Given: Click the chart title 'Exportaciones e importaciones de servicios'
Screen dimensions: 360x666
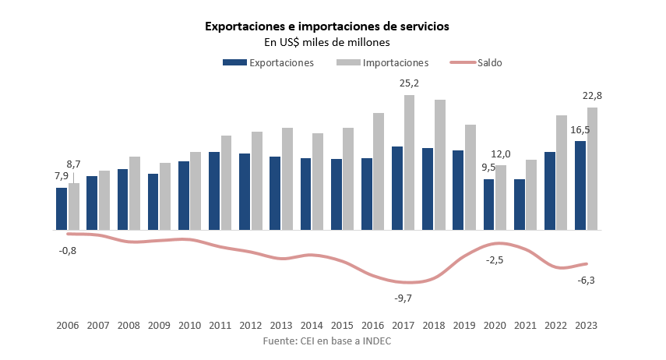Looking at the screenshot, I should click(x=326, y=26).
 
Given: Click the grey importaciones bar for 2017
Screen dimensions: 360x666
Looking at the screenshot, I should click(x=409, y=163).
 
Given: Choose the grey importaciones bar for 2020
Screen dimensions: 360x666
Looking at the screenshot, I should click(x=501, y=198).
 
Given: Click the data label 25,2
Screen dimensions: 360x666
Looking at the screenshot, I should click(x=408, y=83).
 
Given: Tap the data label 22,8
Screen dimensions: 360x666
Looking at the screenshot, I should click(x=592, y=96).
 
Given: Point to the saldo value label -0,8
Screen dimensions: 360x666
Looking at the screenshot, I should click(x=68, y=251).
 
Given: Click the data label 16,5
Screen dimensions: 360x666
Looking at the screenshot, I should click(x=580, y=129).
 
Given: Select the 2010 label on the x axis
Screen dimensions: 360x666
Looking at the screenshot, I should click(x=189, y=326).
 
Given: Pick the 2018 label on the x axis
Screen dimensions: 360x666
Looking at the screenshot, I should click(x=433, y=326).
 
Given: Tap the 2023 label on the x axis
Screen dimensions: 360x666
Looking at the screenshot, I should click(x=585, y=326).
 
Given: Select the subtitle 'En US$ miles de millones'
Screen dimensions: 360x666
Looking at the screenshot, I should click(x=326, y=42).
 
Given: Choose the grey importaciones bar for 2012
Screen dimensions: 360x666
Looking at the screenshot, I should click(x=257, y=181).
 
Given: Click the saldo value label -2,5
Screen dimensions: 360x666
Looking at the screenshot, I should click(x=494, y=260).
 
